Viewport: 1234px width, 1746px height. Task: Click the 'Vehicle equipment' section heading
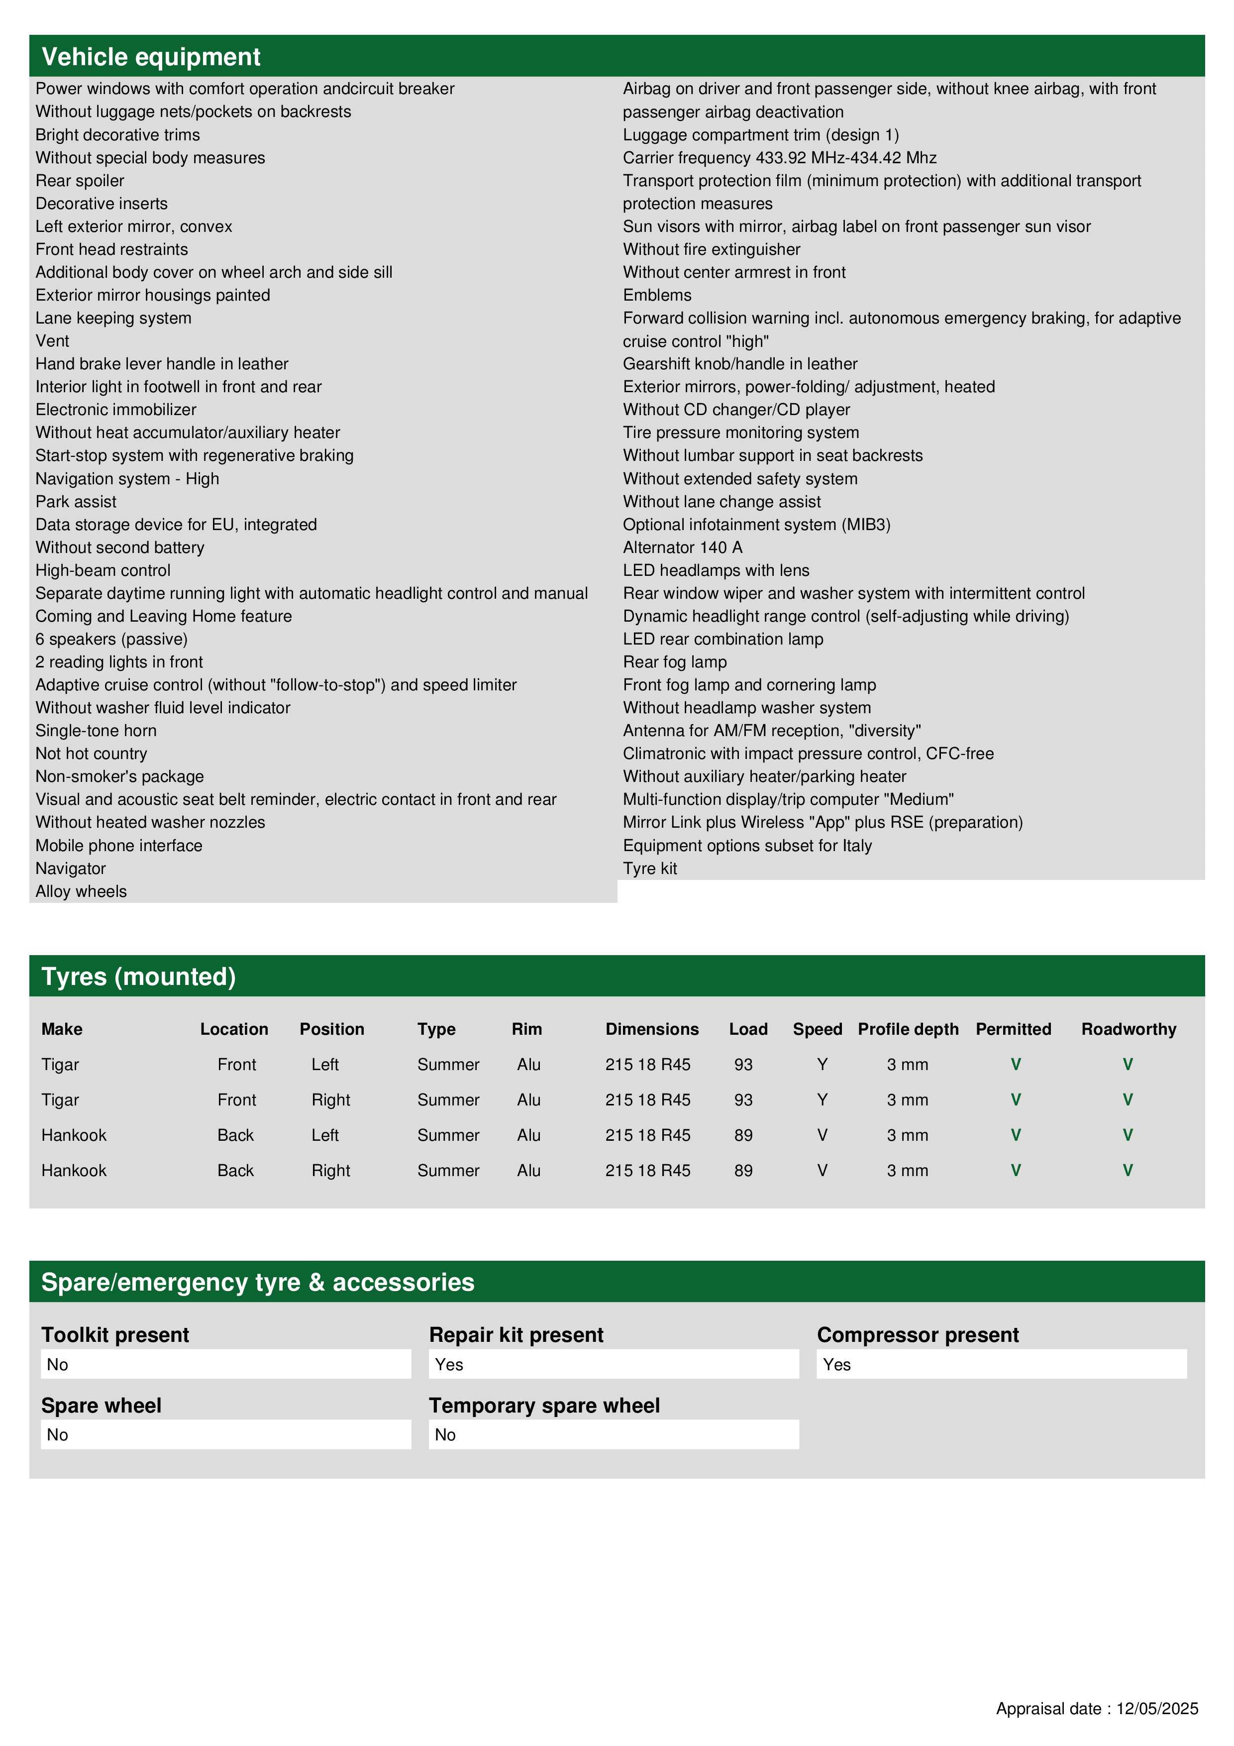tap(151, 57)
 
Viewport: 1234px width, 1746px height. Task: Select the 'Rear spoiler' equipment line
tap(80, 181)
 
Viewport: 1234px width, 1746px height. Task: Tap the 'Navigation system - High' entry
tap(127, 479)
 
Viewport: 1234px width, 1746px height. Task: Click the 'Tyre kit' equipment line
tap(649, 869)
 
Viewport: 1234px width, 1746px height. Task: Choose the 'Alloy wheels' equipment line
tap(81, 891)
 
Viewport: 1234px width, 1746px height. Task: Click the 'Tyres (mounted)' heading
tap(138, 977)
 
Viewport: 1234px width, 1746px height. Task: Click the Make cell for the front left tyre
tap(60, 1065)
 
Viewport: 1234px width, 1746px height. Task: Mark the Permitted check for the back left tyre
tap(1015, 1135)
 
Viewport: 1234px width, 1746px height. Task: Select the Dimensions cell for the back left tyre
tap(648, 1135)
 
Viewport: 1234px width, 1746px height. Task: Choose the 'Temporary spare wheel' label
tap(544, 1406)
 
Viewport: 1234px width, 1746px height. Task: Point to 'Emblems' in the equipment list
tap(657, 295)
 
